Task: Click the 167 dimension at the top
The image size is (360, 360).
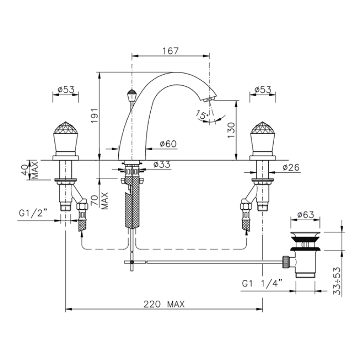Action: click(170, 51)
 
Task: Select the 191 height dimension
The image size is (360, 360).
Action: click(95, 115)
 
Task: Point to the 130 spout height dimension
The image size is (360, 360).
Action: click(231, 130)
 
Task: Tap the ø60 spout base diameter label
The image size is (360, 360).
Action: click(169, 144)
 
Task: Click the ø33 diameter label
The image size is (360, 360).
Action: click(162, 164)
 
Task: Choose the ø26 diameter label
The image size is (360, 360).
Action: click(291, 168)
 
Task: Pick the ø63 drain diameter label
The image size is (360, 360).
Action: click(306, 214)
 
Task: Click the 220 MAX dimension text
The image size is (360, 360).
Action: click(164, 304)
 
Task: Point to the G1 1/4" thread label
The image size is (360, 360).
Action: click(262, 283)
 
